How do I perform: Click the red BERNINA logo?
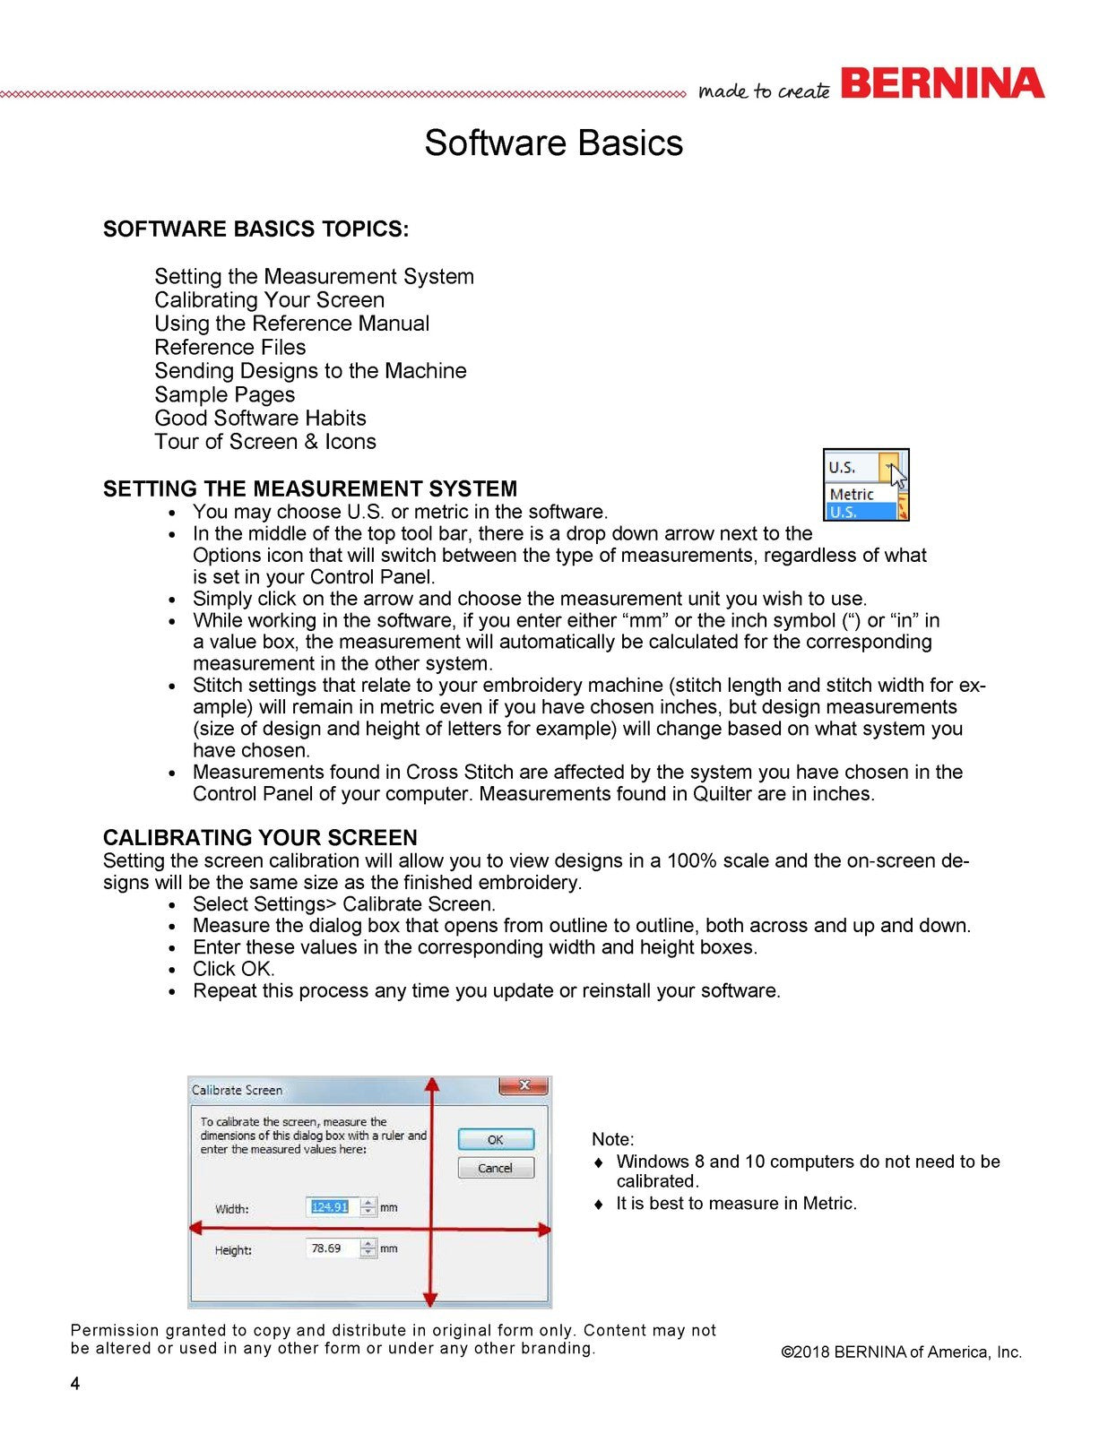pyautogui.click(x=942, y=83)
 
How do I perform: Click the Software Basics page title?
pyautogui.click(x=553, y=143)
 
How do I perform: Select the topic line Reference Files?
pyautogui.click(x=229, y=348)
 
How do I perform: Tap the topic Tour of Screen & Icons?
pyautogui.click(x=264, y=442)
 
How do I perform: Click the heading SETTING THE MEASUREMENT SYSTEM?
pyautogui.click(x=309, y=489)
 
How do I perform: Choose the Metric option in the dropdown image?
pyautogui.click(x=852, y=494)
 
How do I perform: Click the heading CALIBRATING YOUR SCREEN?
pyautogui.click(x=260, y=838)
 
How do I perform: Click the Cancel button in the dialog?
pyautogui.click(x=495, y=1168)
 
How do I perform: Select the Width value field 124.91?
pyautogui.click(x=330, y=1207)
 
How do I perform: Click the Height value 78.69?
pyautogui.click(x=326, y=1248)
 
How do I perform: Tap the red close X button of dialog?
pyautogui.click(x=524, y=1086)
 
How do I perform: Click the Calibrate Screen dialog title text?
pyautogui.click(x=238, y=1091)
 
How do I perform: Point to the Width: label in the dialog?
pyautogui.click(x=231, y=1209)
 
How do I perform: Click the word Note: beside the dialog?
pyautogui.click(x=612, y=1140)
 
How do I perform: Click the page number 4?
pyautogui.click(x=75, y=1384)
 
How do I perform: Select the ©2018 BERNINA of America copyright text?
pyautogui.click(x=901, y=1352)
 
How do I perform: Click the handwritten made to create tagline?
pyautogui.click(x=764, y=91)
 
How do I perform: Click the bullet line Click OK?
pyautogui.click(x=234, y=970)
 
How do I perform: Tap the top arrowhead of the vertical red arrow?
pyautogui.click(x=432, y=1085)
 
